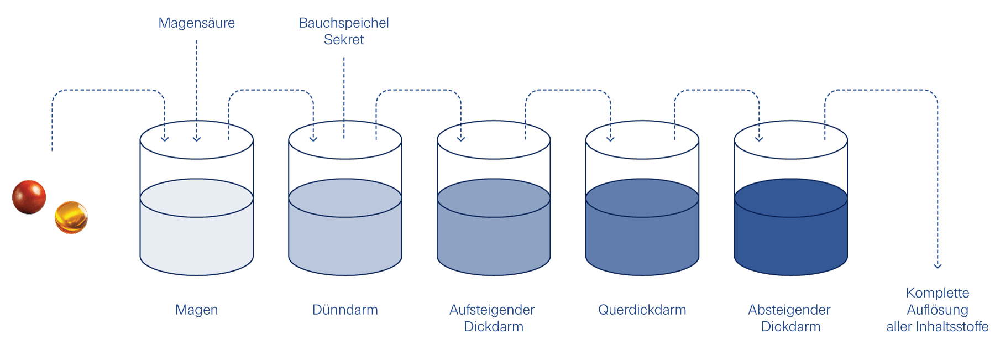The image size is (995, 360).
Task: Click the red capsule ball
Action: [x=29, y=197]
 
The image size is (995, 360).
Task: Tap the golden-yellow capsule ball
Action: [x=71, y=217]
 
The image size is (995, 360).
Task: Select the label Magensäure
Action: [x=196, y=23]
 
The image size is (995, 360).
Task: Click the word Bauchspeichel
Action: [x=343, y=23]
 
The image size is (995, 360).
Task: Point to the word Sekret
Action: [x=343, y=40]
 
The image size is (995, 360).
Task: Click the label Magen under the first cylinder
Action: [x=196, y=310]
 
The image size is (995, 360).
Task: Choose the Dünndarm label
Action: [x=345, y=310]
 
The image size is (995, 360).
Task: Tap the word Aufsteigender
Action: [x=492, y=310]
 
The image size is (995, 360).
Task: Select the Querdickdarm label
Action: [x=642, y=310]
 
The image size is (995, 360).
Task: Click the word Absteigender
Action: [x=789, y=310]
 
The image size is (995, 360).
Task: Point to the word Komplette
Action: [x=938, y=293]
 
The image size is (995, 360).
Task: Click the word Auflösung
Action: [x=938, y=310]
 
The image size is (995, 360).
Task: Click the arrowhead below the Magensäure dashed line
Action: [x=196, y=139]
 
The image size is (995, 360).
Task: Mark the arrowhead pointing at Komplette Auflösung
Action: [x=938, y=266]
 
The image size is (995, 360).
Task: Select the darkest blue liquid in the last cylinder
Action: [x=790, y=238]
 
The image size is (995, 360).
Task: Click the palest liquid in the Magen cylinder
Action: [x=196, y=238]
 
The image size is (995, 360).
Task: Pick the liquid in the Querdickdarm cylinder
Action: [x=642, y=238]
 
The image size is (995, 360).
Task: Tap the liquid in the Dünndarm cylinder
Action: [x=345, y=238]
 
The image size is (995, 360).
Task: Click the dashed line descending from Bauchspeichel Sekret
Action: [x=344, y=94]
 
